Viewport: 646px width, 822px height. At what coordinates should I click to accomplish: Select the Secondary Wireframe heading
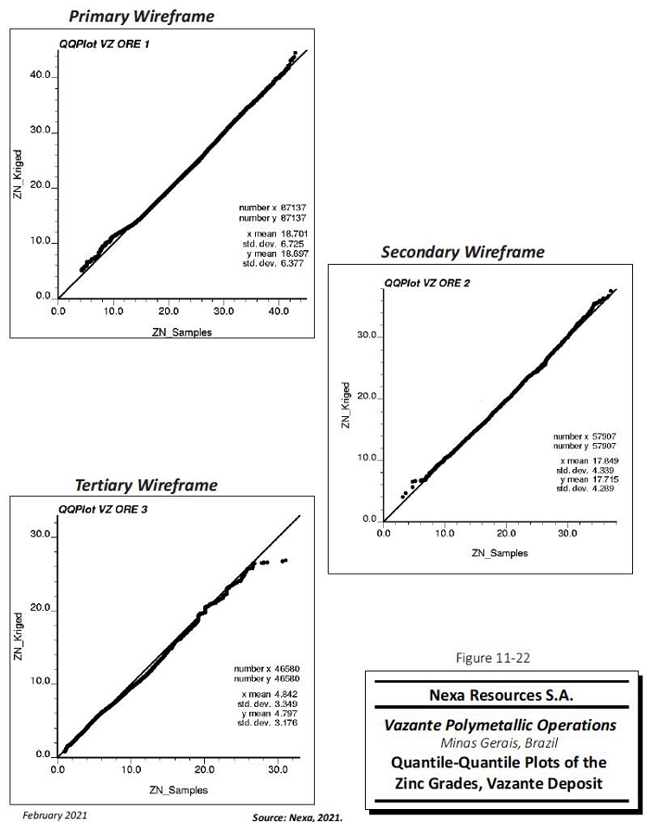click(463, 252)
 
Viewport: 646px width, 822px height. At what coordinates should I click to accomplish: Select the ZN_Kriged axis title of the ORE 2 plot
click(346, 406)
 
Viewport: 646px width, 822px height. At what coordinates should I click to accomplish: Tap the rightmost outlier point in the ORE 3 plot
click(285, 561)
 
